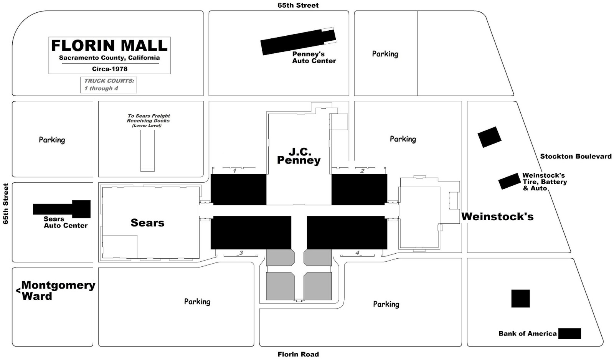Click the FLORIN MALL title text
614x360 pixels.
[x=109, y=46]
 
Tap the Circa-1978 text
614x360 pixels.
[x=109, y=69]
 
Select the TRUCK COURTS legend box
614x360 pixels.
[x=109, y=85]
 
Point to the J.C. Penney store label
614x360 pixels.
[x=299, y=156]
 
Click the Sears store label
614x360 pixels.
[x=147, y=223]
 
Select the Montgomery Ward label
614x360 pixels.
[x=58, y=291]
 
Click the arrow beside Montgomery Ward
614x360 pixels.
[x=18, y=291]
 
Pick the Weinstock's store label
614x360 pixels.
[x=497, y=217]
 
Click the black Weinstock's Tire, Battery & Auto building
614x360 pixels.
[x=509, y=181]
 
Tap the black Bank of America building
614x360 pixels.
[x=569, y=334]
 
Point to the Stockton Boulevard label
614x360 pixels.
[x=576, y=156]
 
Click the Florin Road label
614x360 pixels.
[x=298, y=354]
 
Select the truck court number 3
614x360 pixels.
[x=241, y=253]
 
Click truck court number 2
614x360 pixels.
[x=362, y=171]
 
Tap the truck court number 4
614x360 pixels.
[x=357, y=253]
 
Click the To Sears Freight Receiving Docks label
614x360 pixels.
[x=148, y=120]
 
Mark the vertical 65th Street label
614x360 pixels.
[x=6, y=204]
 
